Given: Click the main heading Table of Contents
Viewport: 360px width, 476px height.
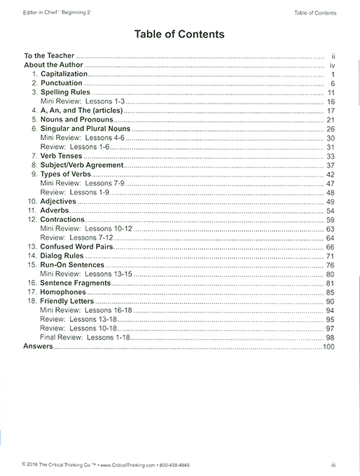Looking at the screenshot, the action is click(x=180, y=33).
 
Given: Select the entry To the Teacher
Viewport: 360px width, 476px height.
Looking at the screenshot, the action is click(x=49, y=55).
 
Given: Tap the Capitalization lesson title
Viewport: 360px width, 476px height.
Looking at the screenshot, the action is click(x=64, y=73).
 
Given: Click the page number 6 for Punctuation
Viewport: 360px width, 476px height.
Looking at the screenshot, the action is click(x=334, y=83).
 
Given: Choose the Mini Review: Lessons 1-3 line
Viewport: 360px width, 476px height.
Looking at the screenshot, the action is click(x=74, y=101).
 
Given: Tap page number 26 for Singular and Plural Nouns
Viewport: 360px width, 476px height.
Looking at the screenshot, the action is click(x=331, y=129).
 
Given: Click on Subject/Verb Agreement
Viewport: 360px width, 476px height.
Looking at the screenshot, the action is click(x=82, y=165).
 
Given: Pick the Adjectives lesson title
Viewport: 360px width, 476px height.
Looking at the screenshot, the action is click(x=58, y=202).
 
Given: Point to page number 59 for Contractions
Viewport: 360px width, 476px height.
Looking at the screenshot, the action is click(x=331, y=220).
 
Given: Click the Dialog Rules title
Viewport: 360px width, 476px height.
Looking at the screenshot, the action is click(x=63, y=256).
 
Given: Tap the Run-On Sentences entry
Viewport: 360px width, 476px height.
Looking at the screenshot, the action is click(x=72, y=265).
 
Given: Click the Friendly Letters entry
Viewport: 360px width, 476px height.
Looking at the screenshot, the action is click(x=68, y=301).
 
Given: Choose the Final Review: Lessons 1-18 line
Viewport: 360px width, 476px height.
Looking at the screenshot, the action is click(x=84, y=337).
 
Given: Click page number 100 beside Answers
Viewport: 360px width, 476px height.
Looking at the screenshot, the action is click(x=329, y=346).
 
